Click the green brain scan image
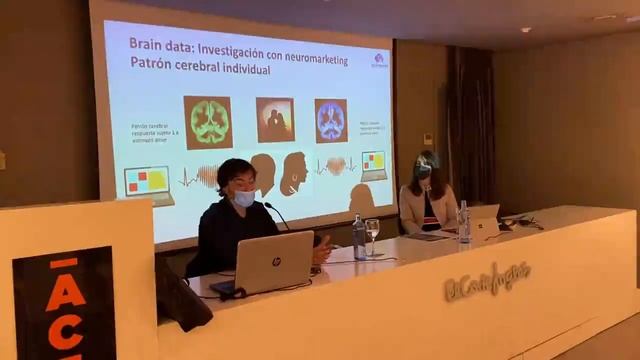pyautogui.click(x=208, y=122)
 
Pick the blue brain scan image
pyautogui.click(x=331, y=120)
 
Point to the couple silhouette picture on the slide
pyautogui.click(x=274, y=120)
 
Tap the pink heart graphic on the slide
pyautogui.click(x=336, y=166)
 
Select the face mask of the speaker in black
pyautogui.click(x=243, y=199)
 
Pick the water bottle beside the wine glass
pyautogui.click(x=358, y=237)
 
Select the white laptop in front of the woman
pyautogui.click(x=485, y=222)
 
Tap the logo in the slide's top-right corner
pyautogui.click(x=378, y=58)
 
